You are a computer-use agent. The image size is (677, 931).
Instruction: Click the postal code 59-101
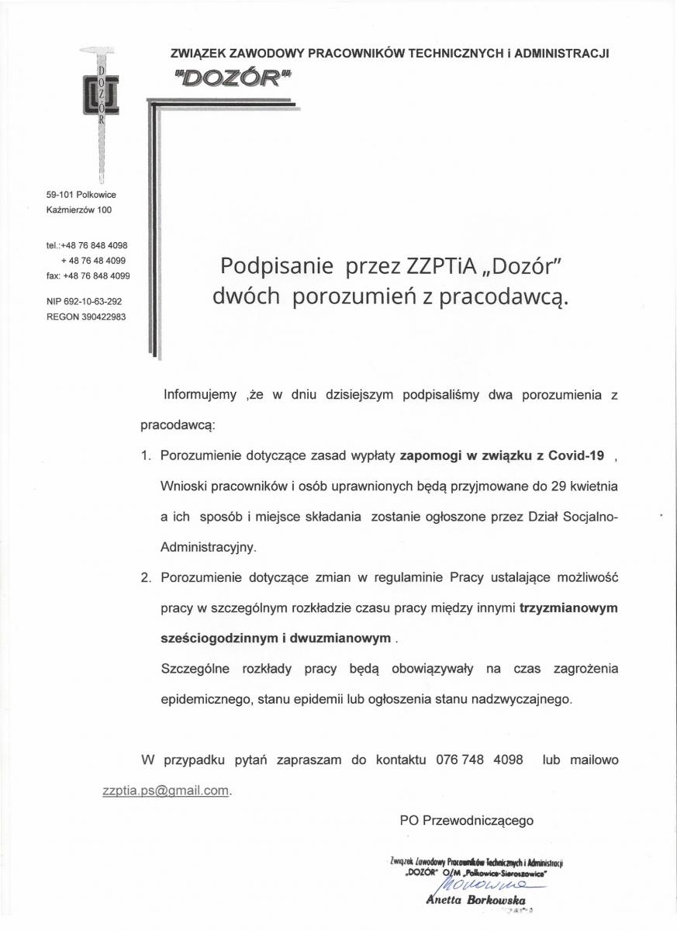[x=60, y=195]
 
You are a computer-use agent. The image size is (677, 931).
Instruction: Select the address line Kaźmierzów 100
[x=78, y=209]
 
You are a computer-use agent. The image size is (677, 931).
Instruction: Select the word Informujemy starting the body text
[x=199, y=395]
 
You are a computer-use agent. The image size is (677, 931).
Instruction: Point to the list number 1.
[x=146, y=455]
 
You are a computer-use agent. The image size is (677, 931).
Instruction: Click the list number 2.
[x=146, y=577]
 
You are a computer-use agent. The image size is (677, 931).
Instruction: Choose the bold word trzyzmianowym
[x=568, y=607]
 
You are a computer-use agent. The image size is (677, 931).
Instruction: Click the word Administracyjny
[x=207, y=546]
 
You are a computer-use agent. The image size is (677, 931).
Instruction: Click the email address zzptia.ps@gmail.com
[x=166, y=791]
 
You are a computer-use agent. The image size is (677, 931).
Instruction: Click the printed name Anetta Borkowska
[x=476, y=900]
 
